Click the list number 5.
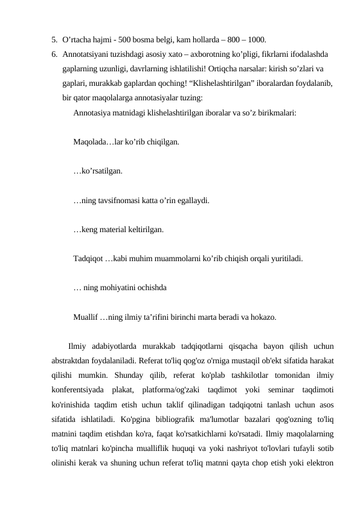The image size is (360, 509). tap(54, 40)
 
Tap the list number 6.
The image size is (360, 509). tap(54, 54)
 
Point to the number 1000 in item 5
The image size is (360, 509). tap(256, 40)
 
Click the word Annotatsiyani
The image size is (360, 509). tap(86, 54)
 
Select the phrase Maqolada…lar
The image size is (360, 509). tap(96, 143)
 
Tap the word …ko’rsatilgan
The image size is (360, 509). tap(97, 172)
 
